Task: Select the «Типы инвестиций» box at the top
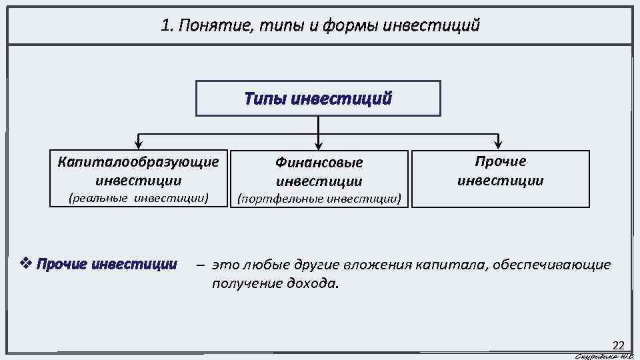(x=318, y=99)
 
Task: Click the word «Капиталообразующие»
(x=139, y=162)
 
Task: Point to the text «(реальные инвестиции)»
(x=139, y=197)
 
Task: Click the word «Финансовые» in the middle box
(x=319, y=162)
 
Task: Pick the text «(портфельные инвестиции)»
(x=319, y=198)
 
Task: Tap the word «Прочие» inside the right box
(x=500, y=161)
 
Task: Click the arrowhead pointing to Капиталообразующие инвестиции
(x=138, y=142)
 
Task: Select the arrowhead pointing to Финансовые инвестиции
(x=319, y=142)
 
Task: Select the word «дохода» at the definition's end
(x=316, y=283)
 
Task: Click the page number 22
(x=618, y=345)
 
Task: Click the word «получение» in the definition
(x=241, y=283)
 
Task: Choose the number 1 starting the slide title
(x=165, y=26)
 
